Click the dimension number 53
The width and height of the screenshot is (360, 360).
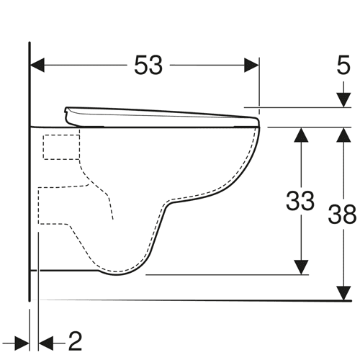click(148, 65)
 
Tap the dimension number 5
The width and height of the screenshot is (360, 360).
click(343, 65)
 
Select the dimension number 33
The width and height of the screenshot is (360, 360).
click(300, 201)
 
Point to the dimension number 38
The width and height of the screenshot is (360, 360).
click(342, 214)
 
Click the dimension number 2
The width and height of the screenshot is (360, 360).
click(76, 341)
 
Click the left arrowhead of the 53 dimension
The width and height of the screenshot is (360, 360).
click(37, 65)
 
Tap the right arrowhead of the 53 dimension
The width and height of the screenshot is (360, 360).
click(251, 65)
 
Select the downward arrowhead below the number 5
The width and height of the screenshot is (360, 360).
click(343, 100)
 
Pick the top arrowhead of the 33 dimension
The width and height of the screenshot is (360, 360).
click(301, 135)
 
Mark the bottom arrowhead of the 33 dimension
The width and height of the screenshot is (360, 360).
click(301, 267)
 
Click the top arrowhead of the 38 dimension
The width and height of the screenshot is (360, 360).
click(343, 135)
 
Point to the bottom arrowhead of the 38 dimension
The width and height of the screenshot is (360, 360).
click(343, 293)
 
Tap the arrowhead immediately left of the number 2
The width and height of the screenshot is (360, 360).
click(46, 343)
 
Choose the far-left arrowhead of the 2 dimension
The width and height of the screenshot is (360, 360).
click(22, 343)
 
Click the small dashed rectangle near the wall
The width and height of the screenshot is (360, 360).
click(61, 147)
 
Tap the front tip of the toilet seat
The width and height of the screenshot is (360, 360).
click(258, 120)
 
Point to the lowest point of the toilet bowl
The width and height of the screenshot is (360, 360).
click(117, 275)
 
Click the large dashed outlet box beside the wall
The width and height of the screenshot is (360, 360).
click(54, 205)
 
